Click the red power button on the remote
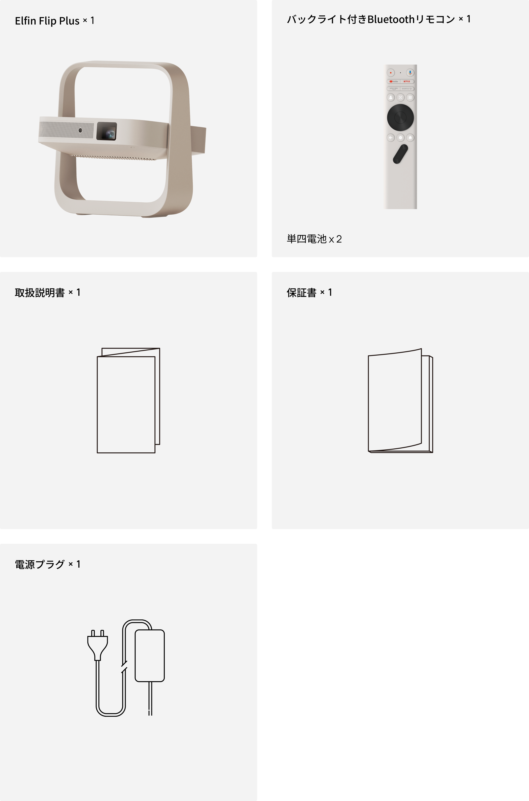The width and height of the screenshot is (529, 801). click(391, 73)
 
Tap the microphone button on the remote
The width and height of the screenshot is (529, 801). click(410, 73)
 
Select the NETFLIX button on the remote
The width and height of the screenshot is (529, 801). click(407, 81)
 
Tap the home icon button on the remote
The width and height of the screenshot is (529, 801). click(410, 138)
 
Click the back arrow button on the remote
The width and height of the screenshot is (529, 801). click(391, 138)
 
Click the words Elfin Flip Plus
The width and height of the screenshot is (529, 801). click(47, 21)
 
